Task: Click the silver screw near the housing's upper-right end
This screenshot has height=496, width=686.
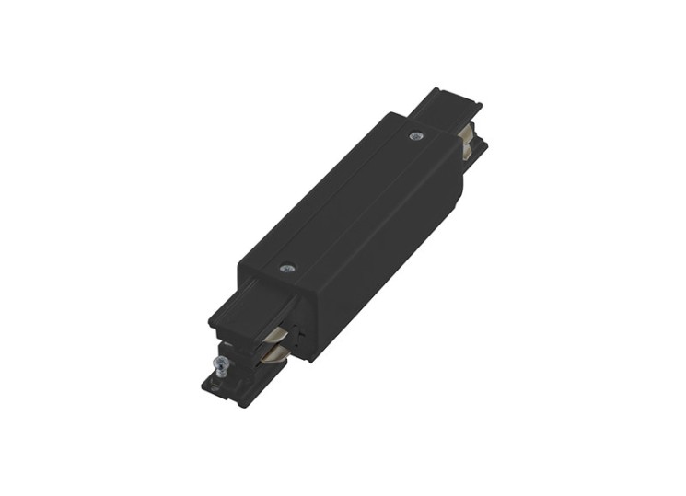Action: pos(415,136)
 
